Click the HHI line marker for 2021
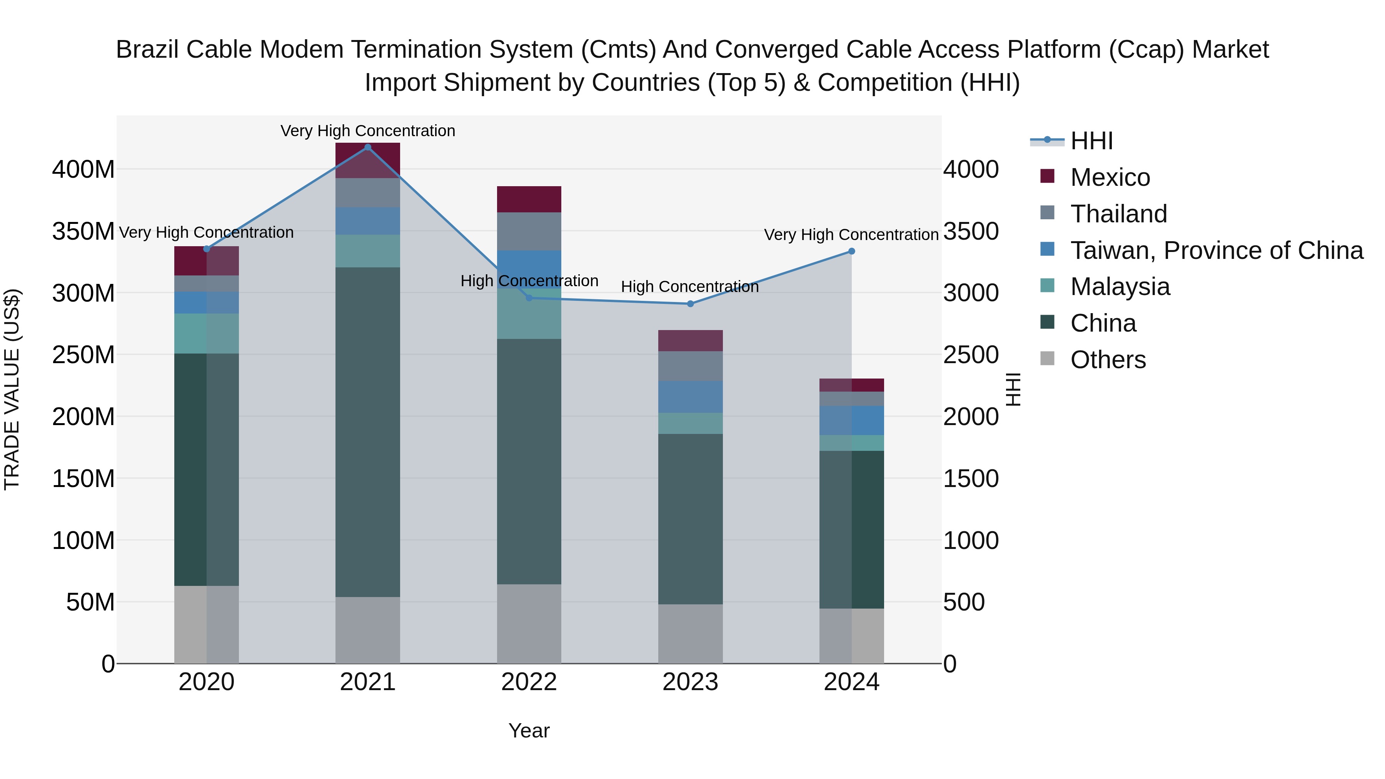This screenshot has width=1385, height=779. (368, 147)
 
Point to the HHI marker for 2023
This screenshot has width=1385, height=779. (690, 304)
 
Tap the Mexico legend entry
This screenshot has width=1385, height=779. (1109, 177)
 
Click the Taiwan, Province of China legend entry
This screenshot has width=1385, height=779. (1216, 250)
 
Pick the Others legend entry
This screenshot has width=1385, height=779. (1108, 360)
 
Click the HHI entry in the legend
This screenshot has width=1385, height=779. (1091, 141)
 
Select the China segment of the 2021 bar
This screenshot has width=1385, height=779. (368, 430)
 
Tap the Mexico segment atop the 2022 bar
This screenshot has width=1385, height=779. (529, 199)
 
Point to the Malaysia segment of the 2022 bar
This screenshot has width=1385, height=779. (529, 315)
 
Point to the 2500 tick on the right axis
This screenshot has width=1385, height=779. (971, 355)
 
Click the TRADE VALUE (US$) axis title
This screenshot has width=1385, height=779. (12, 389)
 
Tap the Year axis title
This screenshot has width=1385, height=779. (529, 731)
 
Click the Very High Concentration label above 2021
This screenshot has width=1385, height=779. (368, 131)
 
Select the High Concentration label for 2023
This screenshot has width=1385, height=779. (690, 287)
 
